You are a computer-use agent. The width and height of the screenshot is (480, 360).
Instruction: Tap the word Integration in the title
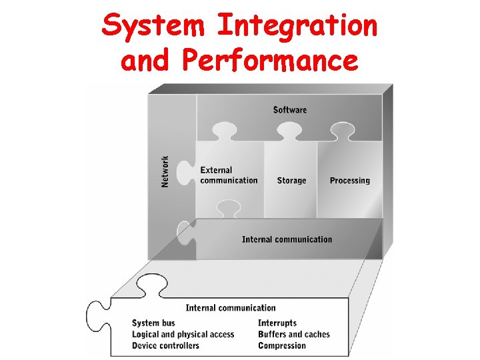tap(297, 27)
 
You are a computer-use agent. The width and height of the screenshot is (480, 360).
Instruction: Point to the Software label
tap(290, 109)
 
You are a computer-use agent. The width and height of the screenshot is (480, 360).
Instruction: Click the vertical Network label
tap(165, 171)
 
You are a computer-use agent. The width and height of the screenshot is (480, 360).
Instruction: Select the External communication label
tap(229, 175)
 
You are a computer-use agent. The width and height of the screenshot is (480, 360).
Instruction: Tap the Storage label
tap(291, 181)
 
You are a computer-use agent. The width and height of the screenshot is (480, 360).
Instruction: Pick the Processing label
tap(349, 181)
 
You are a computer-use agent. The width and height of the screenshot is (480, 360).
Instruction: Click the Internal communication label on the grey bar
tap(287, 239)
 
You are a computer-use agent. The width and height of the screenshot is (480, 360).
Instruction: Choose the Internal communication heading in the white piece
tap(230, 308)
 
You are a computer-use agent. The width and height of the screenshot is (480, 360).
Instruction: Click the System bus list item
tap(154, 323)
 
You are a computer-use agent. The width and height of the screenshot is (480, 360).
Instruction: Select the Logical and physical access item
tap(183, 335)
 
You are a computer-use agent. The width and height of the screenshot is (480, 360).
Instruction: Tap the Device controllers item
tap(165, 346)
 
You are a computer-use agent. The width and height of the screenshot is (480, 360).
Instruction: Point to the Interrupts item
tap(277, 323)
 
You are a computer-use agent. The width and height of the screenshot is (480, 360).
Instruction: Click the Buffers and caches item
tap(294, 335)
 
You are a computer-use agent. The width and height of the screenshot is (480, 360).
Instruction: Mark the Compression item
tap(282, 346)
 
